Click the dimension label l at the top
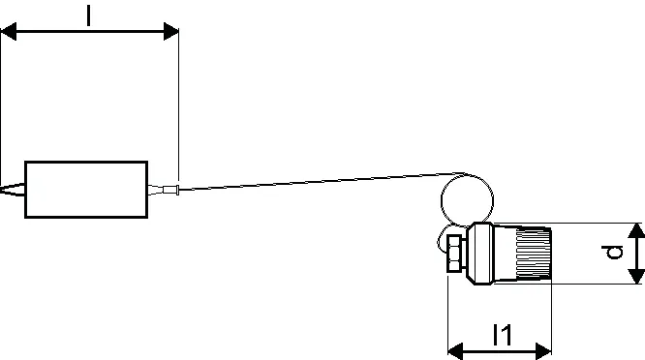(x=89, y=15)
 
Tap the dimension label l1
(x=503, y=335)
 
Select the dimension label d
(x=612, y=253)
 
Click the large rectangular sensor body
(x=86, y=190)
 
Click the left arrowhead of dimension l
(x=8, y=32)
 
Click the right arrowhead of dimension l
(x=171, y=32)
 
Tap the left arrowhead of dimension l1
(x=456, y=352)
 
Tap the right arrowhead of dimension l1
(x=544, y=352)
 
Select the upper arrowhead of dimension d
(x=636, y=231)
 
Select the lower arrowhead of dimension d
(x=636, y=276)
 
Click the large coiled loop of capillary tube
(x=442, y=200)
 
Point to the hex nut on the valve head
(x=456, y=254)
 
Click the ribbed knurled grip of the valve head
(x=534, y=253)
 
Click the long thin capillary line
(x=321, y=181)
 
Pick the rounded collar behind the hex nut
(x=480, y=254)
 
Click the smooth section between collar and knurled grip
(x=505, y=254)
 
